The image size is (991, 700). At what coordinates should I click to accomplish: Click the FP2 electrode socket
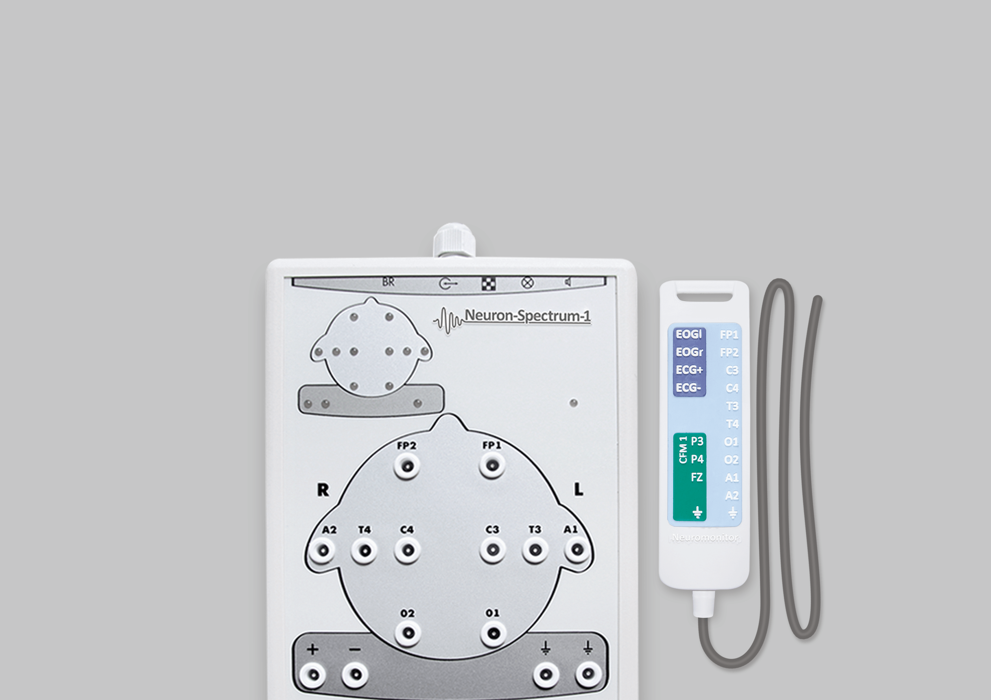407,466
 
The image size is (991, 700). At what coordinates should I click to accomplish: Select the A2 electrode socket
322,550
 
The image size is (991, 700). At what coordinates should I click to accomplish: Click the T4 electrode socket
365,550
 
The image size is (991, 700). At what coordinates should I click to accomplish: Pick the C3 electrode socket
492,550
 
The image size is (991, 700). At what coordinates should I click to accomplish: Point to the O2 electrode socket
407,633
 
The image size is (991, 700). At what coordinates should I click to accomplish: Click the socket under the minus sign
355,674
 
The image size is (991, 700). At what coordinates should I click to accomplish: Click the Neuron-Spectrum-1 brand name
527,316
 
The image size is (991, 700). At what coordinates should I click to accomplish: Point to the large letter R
323,490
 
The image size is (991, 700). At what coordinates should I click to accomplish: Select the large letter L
578,489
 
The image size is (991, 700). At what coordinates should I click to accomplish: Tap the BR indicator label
388,282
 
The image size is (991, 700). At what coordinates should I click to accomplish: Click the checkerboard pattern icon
489,284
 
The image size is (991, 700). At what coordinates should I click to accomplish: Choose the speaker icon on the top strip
568,282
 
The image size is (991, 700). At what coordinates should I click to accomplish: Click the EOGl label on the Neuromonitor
689,334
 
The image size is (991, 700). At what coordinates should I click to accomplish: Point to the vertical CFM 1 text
683,450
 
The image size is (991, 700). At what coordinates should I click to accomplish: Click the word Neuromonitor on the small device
705,538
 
